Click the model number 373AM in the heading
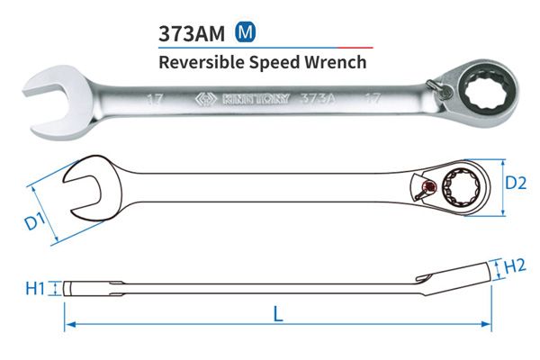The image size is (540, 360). [x=192, y=33]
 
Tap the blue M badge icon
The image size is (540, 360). [x=245, y=32]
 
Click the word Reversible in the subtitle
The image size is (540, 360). [x=202, y=62]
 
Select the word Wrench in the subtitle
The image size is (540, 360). [x=336, y=62]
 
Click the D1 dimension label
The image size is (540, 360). [x=35, y=221]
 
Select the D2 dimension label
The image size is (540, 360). [x=516, y=184]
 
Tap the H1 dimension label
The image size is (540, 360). [x=35, y=288]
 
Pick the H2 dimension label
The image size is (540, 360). [x=515, y=266]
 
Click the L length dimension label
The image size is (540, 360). [x=278, y=315]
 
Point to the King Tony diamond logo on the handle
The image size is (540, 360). [x=206, y=100]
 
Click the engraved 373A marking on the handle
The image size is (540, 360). [x=317, y=98]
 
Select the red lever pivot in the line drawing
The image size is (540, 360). [x=429, y=186]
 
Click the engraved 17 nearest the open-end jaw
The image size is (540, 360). [x=154, y=100]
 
